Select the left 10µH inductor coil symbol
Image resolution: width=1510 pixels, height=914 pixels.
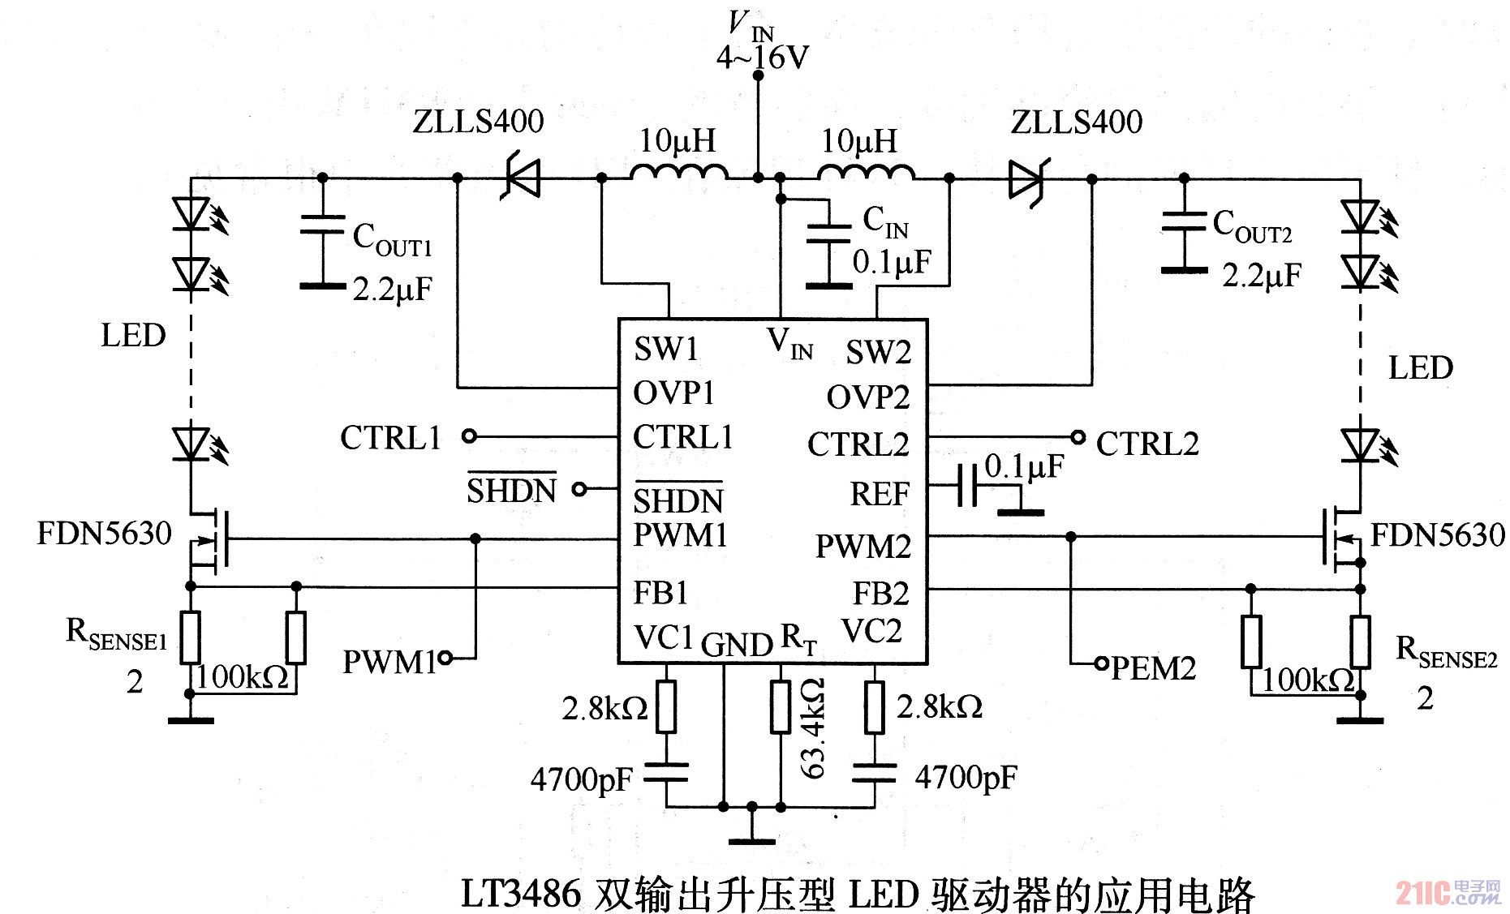[678, 171]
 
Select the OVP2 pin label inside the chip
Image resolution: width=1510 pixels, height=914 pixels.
[867, 397]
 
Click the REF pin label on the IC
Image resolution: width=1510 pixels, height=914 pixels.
[880, 493]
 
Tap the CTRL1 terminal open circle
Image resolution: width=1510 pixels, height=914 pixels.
[468, 436]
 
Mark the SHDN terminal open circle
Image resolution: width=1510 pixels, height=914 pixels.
[579, 489]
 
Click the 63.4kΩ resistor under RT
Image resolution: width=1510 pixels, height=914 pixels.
[781, 707]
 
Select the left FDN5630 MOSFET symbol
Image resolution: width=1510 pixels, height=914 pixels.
[211, 538]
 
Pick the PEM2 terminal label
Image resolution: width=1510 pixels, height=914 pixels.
[1152, 668]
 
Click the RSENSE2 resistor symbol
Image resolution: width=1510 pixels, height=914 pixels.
[1360, 642]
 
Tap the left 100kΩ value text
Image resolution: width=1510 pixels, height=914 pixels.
[242, 676]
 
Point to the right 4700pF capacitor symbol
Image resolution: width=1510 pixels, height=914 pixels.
[875, 774]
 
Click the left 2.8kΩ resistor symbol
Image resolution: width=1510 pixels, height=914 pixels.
[666, 707]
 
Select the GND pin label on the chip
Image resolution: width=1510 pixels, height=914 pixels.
[736, 645]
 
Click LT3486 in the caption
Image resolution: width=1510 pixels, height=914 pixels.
[520, 893]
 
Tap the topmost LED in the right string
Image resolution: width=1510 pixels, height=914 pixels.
[1360, 217]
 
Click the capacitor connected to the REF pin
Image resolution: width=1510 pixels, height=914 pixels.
[967, 485]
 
